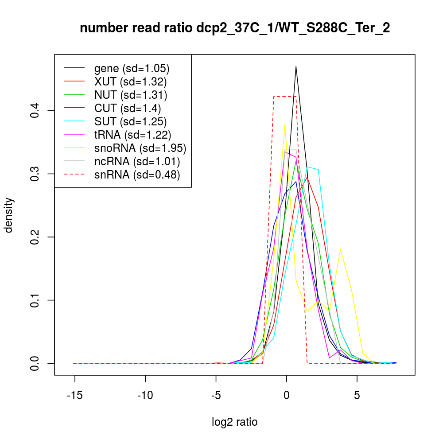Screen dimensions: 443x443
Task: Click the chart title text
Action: point(235,29)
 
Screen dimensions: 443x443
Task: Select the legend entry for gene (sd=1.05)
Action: point(132,68)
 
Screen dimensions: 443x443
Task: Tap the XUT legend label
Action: point(131,82)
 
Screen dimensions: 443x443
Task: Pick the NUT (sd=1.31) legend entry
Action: point(131,95)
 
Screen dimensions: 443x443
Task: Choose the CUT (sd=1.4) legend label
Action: point(128,108)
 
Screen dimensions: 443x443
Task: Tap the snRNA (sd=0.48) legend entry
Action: point(137,175)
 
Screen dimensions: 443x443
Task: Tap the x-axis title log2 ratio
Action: point(235,422)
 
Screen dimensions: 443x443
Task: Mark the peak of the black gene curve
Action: point(296,66)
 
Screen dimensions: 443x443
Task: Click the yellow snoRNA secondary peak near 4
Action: point(340,249)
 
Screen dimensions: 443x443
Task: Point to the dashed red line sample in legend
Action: point(74,175)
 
